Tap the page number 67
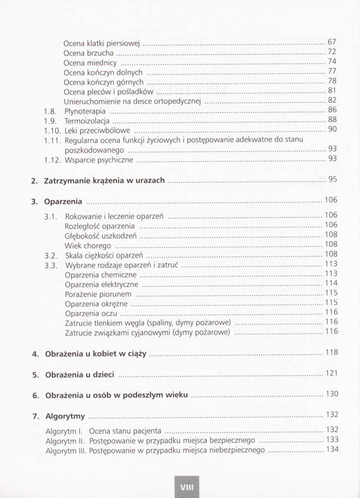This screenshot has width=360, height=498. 333,42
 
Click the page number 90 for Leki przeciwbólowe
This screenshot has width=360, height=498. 333,130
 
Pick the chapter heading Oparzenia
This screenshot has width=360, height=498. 63,202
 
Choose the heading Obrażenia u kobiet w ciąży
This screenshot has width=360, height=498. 96,354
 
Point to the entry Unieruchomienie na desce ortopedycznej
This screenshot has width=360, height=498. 132,101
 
